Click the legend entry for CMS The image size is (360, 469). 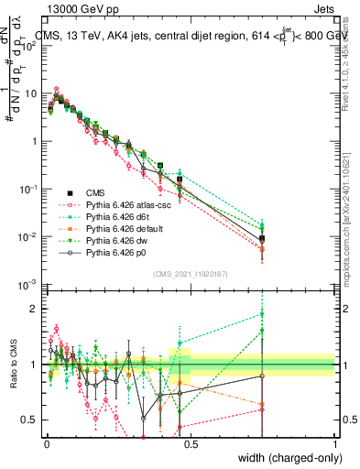click(97, 193)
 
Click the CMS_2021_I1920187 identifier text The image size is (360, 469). click(189, 272)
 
